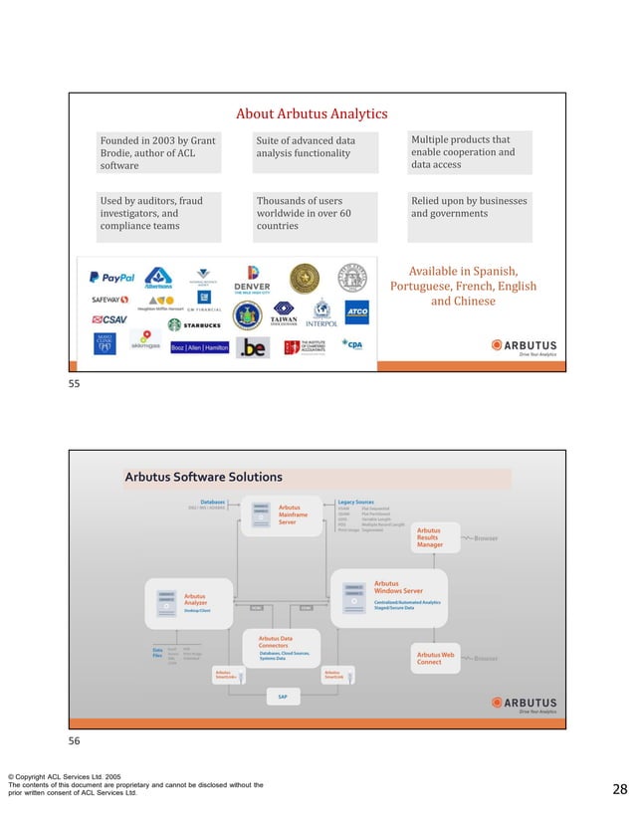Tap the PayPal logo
click(111, 278)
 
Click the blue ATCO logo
click(356, 311)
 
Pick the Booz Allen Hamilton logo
click(200, 347)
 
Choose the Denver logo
click(251, 279)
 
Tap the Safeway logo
click(109, 300)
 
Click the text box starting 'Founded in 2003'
click(158, 153)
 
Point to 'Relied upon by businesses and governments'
click(469, 207)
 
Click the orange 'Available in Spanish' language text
click(463, 286)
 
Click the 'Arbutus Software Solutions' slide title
click(204, 478)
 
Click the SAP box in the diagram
click(283, 697)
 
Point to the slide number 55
click(74, 383)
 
